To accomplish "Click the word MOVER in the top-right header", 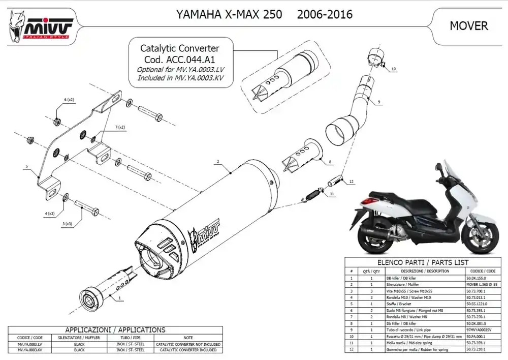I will (468, 25).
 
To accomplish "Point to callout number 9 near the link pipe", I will (378, 102).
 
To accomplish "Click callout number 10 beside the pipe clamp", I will (393, 68).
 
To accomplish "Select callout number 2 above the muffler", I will (217, 162).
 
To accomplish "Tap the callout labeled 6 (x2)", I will (69, 99).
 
